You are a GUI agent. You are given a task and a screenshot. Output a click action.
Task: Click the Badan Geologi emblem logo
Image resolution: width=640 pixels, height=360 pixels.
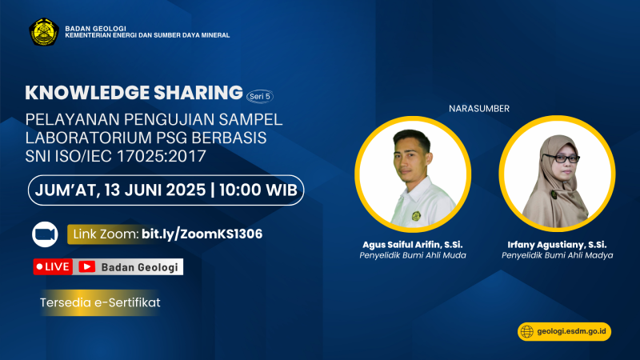(44, 32)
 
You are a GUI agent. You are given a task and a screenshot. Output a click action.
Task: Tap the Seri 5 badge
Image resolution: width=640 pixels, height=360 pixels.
(260, 96)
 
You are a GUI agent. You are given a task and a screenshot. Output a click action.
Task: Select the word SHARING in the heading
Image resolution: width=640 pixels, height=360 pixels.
(198, 93)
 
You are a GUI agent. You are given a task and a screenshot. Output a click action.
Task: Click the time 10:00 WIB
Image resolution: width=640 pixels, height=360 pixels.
(258, 190)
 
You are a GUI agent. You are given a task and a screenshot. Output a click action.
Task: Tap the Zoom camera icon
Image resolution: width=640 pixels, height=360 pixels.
(45, 234)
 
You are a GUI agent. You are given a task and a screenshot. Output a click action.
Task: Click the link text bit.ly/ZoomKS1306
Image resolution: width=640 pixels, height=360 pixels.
(202, 234)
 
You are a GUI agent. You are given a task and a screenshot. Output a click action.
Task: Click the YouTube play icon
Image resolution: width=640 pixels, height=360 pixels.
(86, 266)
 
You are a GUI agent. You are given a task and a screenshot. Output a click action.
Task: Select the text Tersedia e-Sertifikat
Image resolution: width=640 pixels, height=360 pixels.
(100, 302)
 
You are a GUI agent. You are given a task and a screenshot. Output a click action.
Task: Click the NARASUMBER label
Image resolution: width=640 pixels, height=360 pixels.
(479, 109)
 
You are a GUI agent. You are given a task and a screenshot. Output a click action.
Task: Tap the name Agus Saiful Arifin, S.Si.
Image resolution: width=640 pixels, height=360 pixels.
(413, 245)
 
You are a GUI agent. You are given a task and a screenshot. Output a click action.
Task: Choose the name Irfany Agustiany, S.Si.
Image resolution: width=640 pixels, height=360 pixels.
(557, 245)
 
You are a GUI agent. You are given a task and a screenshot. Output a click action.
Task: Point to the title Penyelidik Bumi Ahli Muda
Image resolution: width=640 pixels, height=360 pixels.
(413, 255)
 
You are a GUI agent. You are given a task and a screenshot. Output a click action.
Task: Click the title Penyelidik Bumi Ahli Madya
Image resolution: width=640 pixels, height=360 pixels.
(557, 255)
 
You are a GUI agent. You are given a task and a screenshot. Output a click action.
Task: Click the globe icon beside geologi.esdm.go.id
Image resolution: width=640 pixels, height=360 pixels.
(527, 331)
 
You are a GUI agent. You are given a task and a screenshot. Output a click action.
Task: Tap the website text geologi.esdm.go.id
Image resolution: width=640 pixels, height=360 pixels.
(571, 331)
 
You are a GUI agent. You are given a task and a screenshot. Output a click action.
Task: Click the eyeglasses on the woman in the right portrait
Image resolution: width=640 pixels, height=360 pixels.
(562, 158)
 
